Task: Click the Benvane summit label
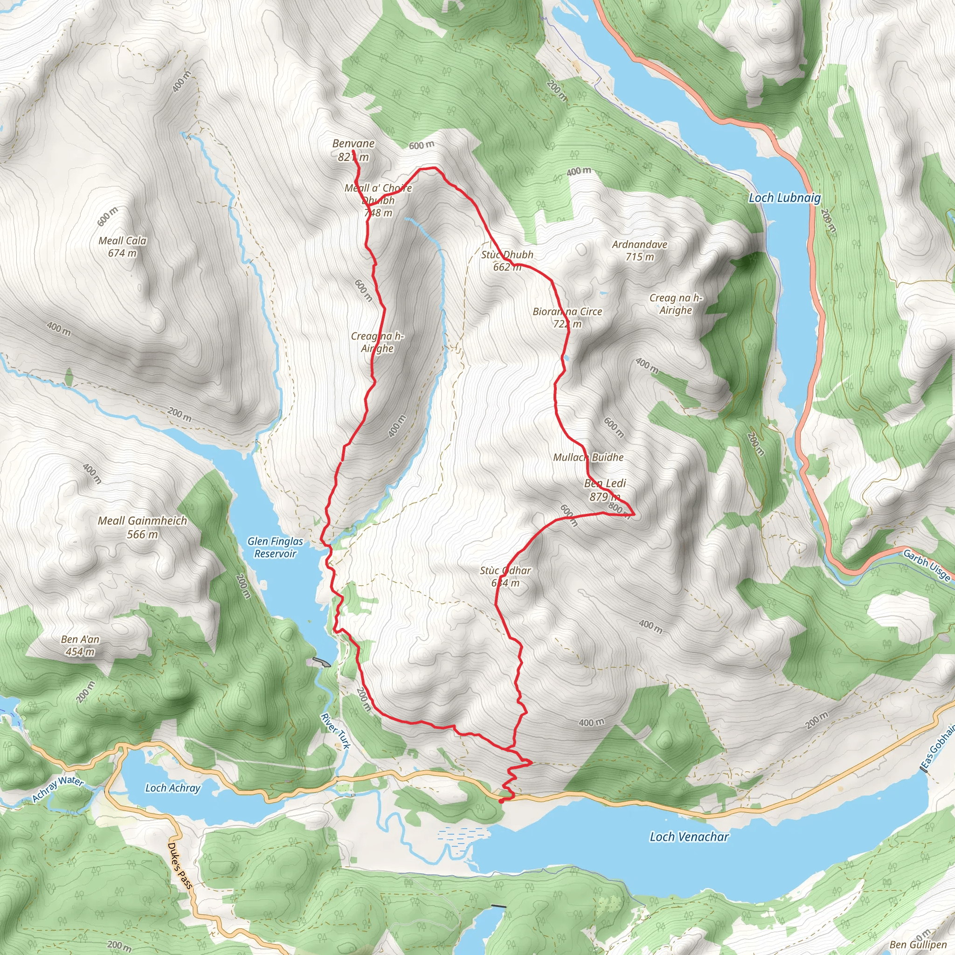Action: pyautogui.click(x=353, y=150)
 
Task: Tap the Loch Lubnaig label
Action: pyautogui.click(x=784, y=198)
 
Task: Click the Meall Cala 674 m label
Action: pyautogui.click(x=122, y=247)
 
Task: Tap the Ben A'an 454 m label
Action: pyautogui.click(x=80, y=645)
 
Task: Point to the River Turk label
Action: pyautogui.click(x=335, y=731)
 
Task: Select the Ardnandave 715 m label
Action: pyautogui.click(x=640, y=250)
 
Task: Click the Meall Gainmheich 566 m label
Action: pyautogui.click(x=142, y=527)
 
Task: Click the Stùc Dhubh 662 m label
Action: pyautogui.click(x=507, y=261)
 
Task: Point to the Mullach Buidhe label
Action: pyautogui.click(x=588, y=457)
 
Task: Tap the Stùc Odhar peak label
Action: pyautogui.click(x=505, y=576)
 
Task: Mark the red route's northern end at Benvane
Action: pyautogui.click(x=353, y=151)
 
